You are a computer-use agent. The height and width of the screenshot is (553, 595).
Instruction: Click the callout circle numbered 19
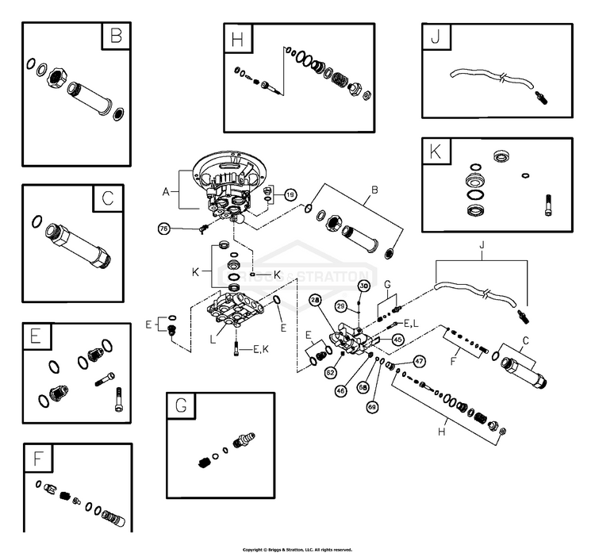[x=290, y=194]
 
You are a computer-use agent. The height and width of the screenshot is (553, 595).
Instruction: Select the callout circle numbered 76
[x=164, y=228]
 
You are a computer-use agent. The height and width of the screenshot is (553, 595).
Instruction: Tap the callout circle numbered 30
[x=364, y=286]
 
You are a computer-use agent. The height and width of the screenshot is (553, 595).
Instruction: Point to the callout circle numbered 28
[x=315, y=300]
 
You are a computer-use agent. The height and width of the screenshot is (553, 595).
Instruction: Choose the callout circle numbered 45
[x=397, y=340]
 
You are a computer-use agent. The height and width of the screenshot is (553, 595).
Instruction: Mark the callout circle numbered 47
[x=419, y=360]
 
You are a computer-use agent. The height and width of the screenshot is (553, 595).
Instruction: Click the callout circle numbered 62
[x=331, y=371]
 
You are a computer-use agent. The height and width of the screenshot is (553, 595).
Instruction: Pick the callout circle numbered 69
[x=372, y=406]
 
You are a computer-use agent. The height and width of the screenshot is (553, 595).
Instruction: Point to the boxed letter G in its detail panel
[x=181, y=407]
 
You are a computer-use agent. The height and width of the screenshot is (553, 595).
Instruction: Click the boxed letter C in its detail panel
[x=108, y=198]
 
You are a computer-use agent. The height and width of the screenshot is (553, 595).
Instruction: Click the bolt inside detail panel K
[x=547, y=204]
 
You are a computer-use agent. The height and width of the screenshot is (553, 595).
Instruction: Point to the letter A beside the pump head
[x=166, y=191]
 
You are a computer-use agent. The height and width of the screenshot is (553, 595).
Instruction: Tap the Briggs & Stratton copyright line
[x=297, y=548]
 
